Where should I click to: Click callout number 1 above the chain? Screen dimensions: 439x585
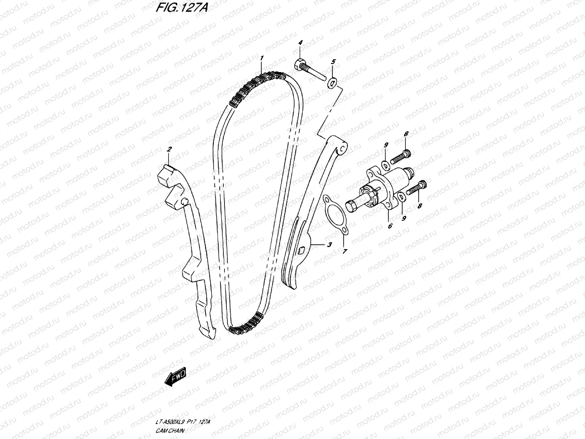point(262,59)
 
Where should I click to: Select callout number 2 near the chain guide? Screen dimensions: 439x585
point(169,149)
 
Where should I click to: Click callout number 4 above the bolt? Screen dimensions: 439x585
point(300,43)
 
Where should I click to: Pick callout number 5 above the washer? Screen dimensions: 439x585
point(333,62)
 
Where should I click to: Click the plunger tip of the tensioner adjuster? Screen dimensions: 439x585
point(351,206)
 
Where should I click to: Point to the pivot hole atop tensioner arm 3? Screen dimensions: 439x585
point(342,149)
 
